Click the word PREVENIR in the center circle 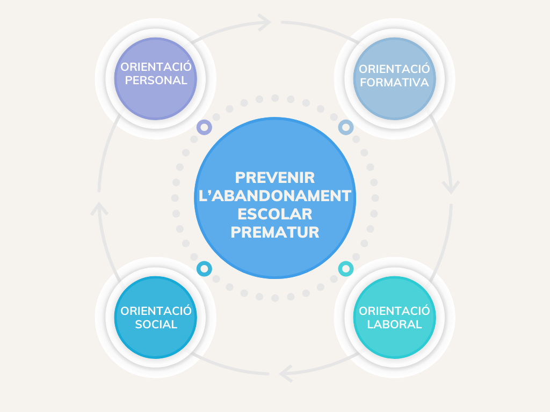pyautogui.click(x=274, y=178)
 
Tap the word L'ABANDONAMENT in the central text pyautogui.click(x=274, y=196)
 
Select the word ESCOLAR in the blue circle pyautogui.click(x=274, y=214)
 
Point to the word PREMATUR pyautogui.click(x=274, y=232)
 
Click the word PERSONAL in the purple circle pyautogui.click(x=156, y=80)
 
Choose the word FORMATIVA pyautogui.click(x=395, y=83)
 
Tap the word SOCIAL pyautogui.click(x=156, y=324)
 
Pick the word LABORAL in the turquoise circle pyautogui.click(x=395, y=324)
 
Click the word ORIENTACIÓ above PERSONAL pyautogui.click(x=156, y=67)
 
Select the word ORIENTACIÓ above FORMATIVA pyautogui.click(x=395, y=69)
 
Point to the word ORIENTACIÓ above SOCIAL pyautogui.click(x=156, y=311)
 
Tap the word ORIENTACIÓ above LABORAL pyautogui.click(x=395, y=311)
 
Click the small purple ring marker pyautogui.click(x=204, y=127)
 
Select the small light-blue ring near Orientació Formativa pyautogui.click(x=346, y=127)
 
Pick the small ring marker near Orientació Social pyautogui.click(x=204, y=268)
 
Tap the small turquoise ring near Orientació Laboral pyautogui.click(x=346, y=268)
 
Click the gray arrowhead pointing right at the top pyautogui.click(x=265, y=23)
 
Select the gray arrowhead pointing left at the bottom pyautogui.click(x=285, y=373)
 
